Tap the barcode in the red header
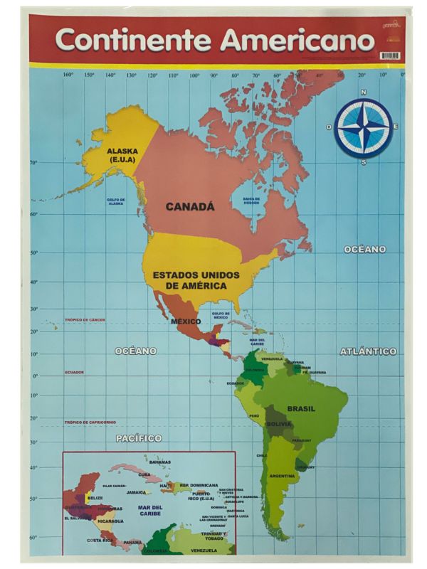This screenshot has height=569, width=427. tap(389, 55)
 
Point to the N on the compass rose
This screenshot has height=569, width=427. tap(363, 92)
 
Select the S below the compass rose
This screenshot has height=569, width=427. tap(364, 162)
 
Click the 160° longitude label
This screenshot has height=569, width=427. tap(68, 75)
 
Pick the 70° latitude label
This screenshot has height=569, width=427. tap(33, 163)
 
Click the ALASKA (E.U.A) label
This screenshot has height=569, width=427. tap(122, 155)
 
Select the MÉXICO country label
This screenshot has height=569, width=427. tap(184, 322)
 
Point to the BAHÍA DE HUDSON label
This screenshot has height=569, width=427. tap(252, 201)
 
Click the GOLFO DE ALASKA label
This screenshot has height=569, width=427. tap(116, 201)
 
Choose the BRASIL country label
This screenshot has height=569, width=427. tap(301, 409)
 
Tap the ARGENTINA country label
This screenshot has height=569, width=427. tap(282, 476)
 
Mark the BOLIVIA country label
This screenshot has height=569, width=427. tap(279, 425)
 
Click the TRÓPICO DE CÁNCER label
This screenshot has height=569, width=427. tap(85, 320)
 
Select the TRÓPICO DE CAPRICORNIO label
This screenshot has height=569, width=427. tap(90, 422)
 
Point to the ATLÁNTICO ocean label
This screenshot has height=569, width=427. tap(368, 351)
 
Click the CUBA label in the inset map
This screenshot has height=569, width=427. tap(144, 474)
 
